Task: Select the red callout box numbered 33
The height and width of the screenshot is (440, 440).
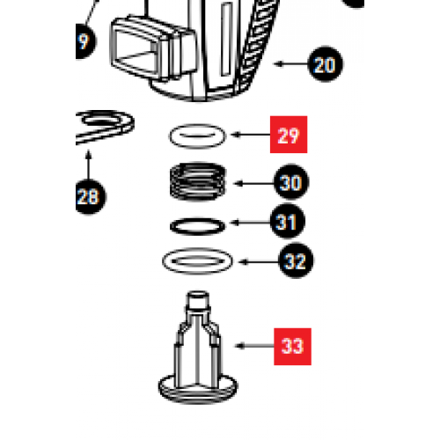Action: click(292, 346)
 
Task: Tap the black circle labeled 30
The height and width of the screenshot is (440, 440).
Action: click(290, 184)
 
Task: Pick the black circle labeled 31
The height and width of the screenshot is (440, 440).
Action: click(286, 223)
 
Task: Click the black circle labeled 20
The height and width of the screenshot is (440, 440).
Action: click(325, 64)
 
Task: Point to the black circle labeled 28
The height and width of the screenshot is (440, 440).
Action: click(88, 195)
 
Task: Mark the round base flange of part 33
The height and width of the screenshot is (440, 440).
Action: click(199, 384)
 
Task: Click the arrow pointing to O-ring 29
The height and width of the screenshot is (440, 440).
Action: click(249, 136)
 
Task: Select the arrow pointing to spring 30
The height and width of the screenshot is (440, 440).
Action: click(251, 184)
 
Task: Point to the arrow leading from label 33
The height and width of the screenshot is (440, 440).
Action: click(254, 346)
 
